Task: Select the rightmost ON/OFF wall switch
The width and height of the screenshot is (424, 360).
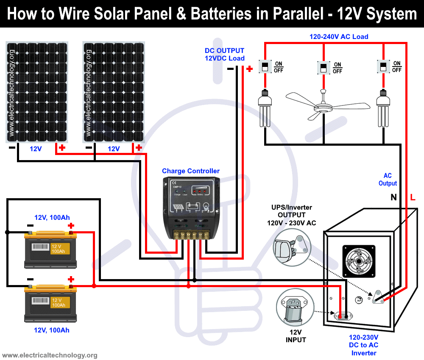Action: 383,66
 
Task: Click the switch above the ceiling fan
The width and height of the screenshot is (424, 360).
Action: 324,67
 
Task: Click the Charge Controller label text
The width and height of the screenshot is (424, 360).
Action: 191,171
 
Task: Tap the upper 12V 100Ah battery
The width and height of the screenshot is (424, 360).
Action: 50,249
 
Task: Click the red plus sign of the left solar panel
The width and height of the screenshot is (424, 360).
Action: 62,148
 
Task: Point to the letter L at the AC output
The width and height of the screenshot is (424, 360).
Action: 413,197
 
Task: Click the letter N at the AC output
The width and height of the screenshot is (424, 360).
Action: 393,197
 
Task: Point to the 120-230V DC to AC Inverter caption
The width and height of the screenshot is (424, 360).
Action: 363,345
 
